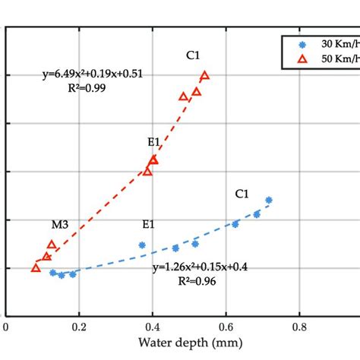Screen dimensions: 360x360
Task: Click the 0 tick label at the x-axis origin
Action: [6, 328]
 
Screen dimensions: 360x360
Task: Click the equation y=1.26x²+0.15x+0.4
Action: [199, 267]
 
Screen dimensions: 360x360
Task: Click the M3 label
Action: [60, 224]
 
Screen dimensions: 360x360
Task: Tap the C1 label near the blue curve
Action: [242, 194]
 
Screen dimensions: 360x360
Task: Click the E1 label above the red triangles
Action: [154, 141]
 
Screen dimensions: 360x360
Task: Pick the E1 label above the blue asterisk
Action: [148, 224]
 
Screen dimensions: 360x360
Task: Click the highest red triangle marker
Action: [204, 75]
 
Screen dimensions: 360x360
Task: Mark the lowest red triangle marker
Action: [36, 267]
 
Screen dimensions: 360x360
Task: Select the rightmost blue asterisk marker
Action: [269, 200]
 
